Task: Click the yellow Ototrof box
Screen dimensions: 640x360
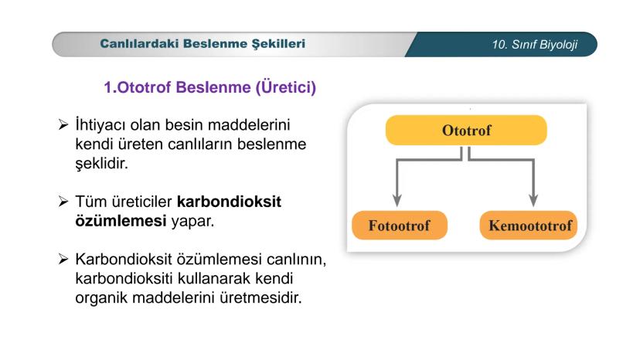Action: click(x=466, y=131)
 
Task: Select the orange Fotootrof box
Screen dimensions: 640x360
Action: click(x=400, y=226)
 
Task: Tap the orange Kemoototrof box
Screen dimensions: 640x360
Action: click(x=529, y=226)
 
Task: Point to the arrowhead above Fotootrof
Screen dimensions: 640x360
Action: click(x=397, y=200)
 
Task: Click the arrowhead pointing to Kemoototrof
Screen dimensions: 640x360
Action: click(x=533, y=200)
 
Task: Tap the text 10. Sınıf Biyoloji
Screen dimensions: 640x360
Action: click(x=535, y=45)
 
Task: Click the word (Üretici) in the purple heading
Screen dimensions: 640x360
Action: click(x=286, y=87)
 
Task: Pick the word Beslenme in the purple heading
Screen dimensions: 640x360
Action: click(x=213, y=87)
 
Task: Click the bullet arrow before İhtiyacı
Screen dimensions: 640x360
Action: click(x=63, y=124)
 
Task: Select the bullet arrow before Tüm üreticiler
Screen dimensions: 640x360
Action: click(x=63, y=201)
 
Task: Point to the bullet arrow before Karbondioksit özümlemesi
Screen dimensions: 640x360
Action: click(x=63, y=259)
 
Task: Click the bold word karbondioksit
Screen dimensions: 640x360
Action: click(x=230, y=202)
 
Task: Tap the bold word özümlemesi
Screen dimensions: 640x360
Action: click(x=121, y=221)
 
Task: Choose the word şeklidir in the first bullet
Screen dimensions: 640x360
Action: click(x=101, y=164)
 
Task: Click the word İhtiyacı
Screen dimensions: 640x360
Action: click(x=100, y=125)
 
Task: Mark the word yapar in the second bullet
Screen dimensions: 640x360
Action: click(x=192, y=222)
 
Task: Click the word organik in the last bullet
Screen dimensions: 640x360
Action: click(x=101, y=298)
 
